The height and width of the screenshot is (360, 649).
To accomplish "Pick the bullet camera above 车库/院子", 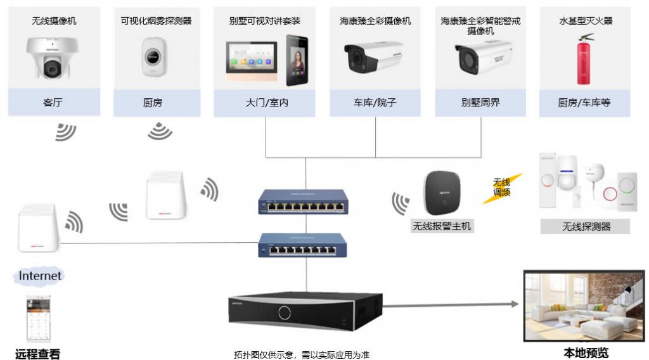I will tap(373, 57).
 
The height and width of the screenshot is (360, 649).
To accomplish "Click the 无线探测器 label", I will tap(586, 226).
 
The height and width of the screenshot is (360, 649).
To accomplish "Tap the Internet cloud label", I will tap(40, 276).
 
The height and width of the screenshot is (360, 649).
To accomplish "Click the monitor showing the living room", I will tap(584, 305).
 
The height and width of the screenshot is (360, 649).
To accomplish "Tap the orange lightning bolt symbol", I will tap(501, 188).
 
